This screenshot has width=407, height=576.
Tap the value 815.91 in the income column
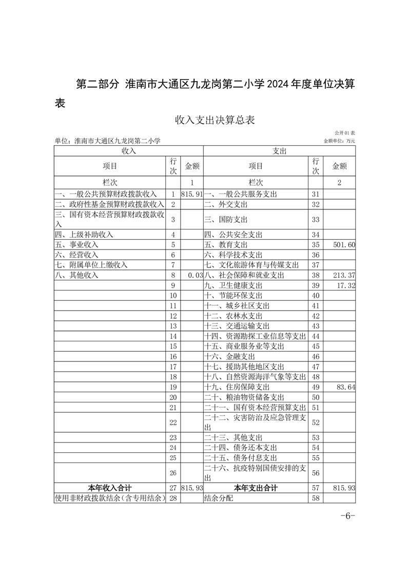point(192,194)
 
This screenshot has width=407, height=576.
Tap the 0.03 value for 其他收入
point(196,275)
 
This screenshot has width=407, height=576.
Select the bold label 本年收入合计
point(110,488)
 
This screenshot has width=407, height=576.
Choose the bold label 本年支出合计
point(256,488)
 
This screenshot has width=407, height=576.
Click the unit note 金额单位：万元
point(339,141)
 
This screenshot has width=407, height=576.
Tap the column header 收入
point(128,151)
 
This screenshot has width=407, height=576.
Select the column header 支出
point(279,151)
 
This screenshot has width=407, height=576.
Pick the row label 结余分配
point(218,498)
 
